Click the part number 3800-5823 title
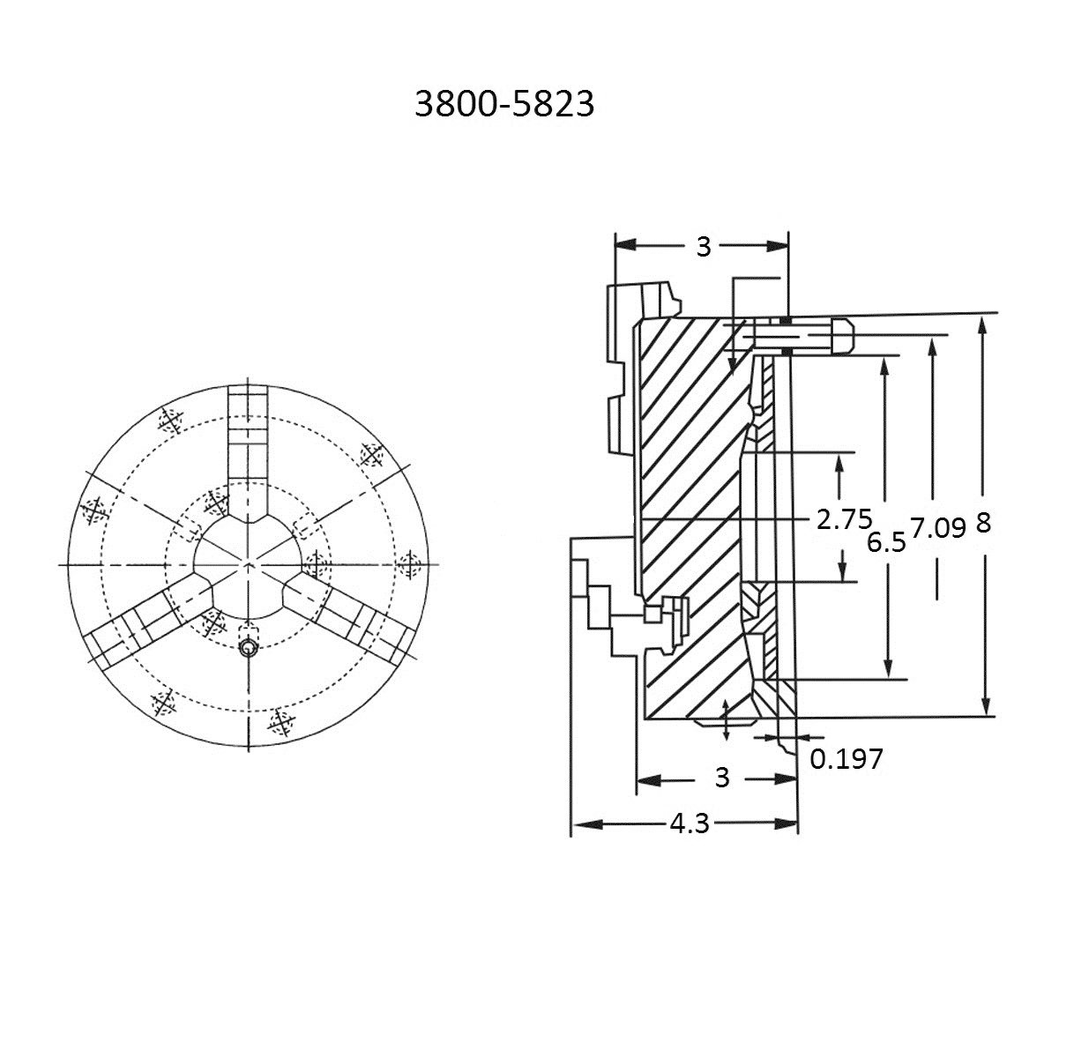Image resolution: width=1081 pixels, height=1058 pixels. [504, 105]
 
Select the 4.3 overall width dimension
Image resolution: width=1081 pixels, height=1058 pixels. [690, 824]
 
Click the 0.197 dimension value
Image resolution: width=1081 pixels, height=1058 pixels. [846, 758]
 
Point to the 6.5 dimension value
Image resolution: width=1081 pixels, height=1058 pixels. [885, 542]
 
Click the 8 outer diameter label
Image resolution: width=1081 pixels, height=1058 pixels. [983, 523]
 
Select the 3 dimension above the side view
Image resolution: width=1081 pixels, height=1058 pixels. [703, 247]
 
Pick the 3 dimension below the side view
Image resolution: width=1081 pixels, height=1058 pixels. [721, 778]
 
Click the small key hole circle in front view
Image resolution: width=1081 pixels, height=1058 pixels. [250, 649]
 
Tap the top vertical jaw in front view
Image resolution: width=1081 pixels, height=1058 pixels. [248, 441]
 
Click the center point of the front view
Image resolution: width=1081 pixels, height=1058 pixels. [248, 563]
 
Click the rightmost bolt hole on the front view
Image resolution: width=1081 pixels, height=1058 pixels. [408, 563]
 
